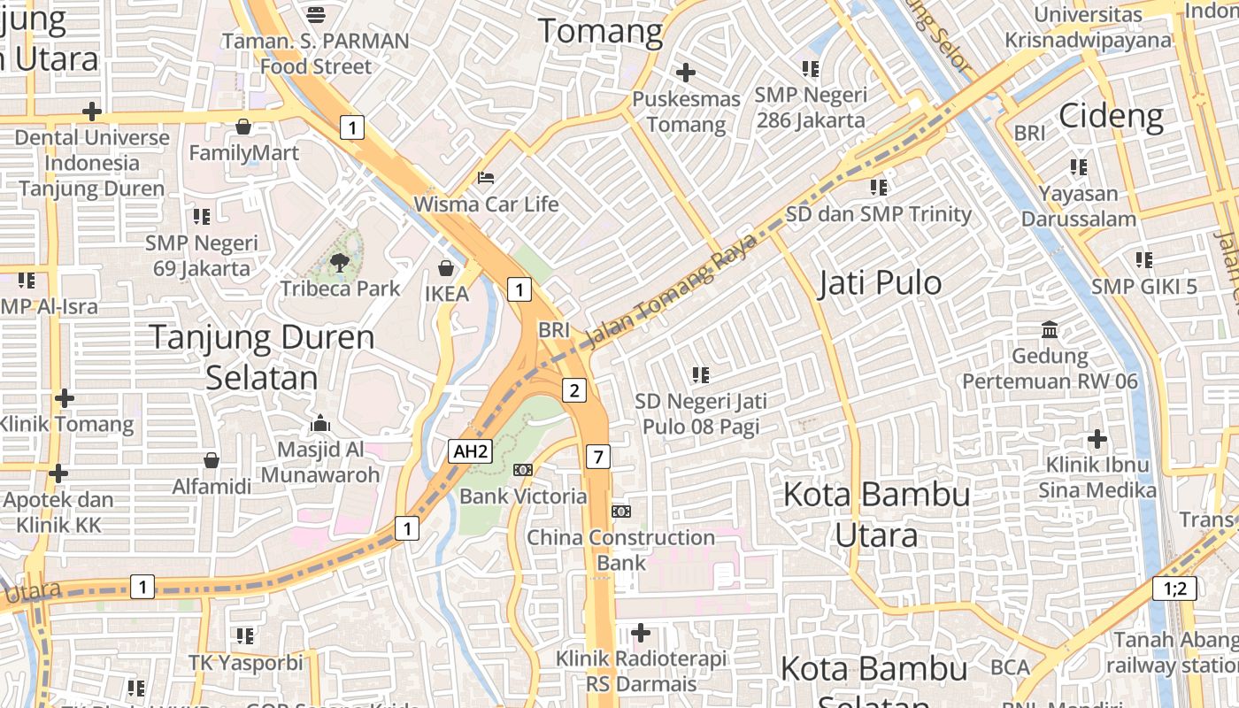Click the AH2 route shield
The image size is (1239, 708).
[470, 451]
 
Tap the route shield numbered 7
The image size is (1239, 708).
[598, 457]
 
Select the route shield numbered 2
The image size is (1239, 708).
[574, 390]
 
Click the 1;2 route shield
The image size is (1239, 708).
[1174, 588]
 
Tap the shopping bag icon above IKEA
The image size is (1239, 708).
[446, 267]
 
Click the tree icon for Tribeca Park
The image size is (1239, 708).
[339, 261]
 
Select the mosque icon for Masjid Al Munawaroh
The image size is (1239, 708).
[320, 423]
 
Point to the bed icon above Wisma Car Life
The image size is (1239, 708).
[485, 178]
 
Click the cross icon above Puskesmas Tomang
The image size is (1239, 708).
[685, 73]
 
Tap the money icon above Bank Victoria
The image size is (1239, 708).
[523, 470]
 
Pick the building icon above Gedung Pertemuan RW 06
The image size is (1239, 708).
[1050, 330]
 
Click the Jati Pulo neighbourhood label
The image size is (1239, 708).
[880, 283]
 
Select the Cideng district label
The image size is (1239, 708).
[1111, 115]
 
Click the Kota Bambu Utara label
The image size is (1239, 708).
[876, 514]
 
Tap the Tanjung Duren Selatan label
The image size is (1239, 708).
[262, 357]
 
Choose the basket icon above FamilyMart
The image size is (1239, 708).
[243, 127]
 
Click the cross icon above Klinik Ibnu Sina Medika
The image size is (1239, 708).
[1097, 439]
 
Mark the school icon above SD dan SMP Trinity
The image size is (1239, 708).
[878, 188]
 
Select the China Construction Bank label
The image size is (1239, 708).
[620, 550]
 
